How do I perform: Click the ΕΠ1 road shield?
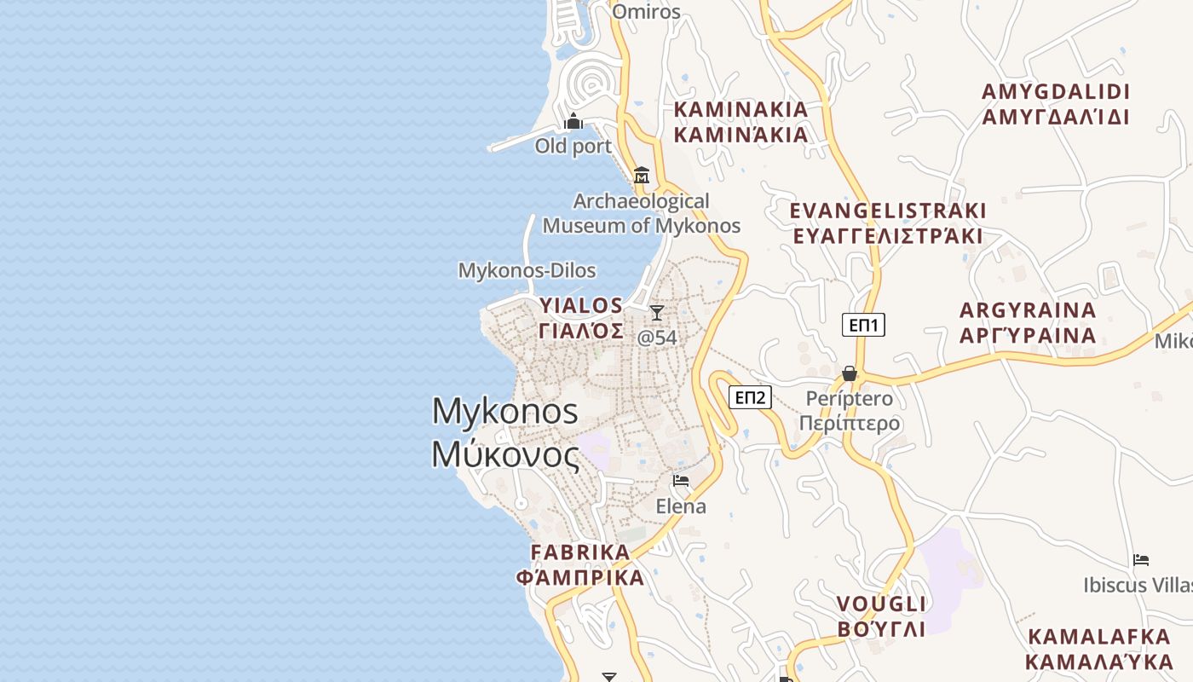coord(863,325)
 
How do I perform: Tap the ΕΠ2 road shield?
coord(751,397)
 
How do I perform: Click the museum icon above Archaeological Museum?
coord(642,176)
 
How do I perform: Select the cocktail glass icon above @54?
coord(657,313)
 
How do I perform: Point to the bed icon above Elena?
coord(681,481)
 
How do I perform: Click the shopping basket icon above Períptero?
coord(850,373)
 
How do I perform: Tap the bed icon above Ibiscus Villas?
coord(1141,560)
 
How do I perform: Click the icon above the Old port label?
coord(573,122)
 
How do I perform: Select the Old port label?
coord(573,147)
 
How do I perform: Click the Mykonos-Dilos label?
coord(527,271)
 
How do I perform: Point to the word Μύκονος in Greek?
coord(505,454)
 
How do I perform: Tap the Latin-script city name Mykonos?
coord(505,412)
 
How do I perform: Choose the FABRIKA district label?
coord(580,552)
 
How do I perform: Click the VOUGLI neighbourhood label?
coord(881,604)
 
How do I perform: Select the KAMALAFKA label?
coord(1099,637)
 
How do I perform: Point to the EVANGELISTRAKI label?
coord(888,211)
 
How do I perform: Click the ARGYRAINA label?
coord(1028,310)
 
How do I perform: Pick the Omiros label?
coord(647,12)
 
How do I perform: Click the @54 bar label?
coord(657,338)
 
